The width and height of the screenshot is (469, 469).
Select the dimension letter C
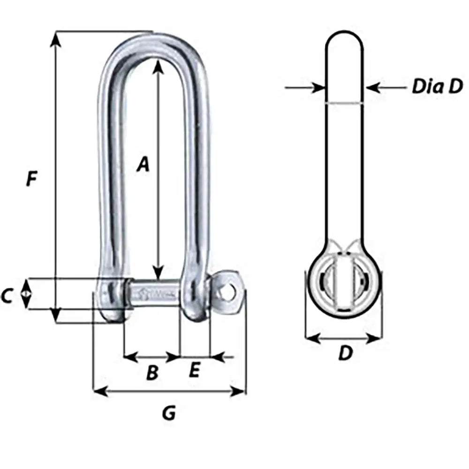point(7,296)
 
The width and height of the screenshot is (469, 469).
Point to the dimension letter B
point(152,373)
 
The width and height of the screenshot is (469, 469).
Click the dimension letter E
point(194,371)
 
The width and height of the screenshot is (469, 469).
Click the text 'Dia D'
point(437,87)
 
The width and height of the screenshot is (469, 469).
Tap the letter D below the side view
point(345,354)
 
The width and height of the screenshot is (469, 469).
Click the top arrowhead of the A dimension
point(159,67)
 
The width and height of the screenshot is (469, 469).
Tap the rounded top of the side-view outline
point(344,38)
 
